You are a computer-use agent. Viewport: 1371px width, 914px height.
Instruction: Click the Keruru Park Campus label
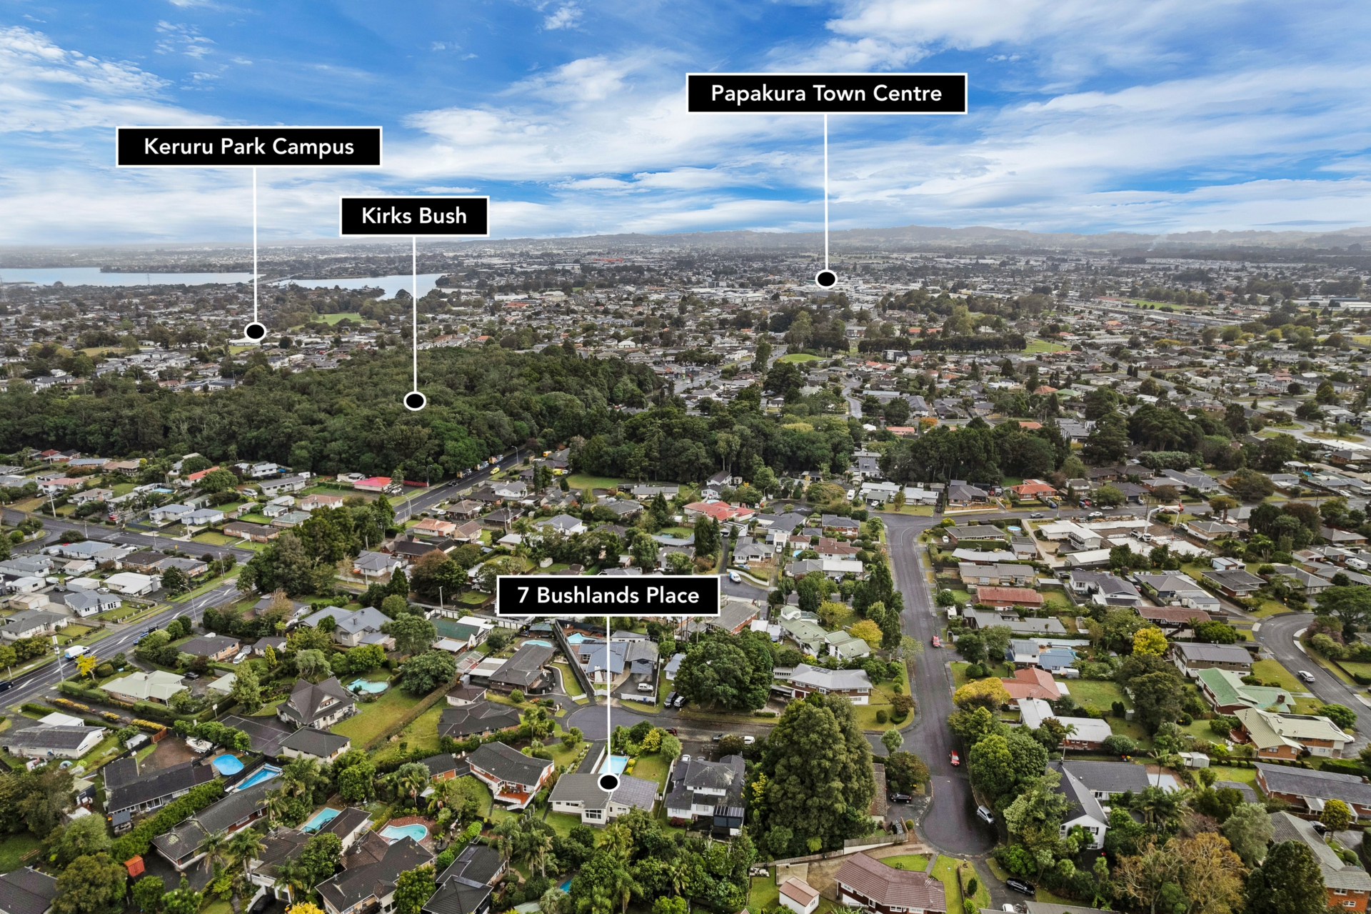click(x=248, y=146)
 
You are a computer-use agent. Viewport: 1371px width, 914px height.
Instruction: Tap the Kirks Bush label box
click(x=414, y=216)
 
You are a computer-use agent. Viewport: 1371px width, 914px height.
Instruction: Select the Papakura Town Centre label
click(x=826, y=93)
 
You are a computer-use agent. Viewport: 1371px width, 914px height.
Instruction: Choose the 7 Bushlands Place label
click(x=608, y=595)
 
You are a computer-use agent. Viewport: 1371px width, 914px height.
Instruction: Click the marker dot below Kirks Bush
click(x=414, y=401)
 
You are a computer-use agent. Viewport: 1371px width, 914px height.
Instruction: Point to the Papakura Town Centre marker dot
click(x=826, y=279)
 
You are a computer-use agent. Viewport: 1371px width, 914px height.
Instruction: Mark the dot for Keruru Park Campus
click(x=255, y=332)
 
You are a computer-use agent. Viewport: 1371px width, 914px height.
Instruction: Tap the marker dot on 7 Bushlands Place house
click(x=608, y=783)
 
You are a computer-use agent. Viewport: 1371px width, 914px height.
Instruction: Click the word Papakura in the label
click(x=758, y=94)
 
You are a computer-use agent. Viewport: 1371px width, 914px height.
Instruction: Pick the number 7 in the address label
click(x=523, y=595)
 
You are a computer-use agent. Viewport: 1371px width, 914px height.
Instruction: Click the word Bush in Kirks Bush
click(x=443, y=216)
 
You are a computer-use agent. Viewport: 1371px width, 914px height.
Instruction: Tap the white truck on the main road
click(x=76, y=652)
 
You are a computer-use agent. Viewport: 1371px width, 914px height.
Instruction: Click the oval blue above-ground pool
click(x=228, y=765)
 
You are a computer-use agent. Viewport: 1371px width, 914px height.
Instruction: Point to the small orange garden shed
click(x=134, y=865)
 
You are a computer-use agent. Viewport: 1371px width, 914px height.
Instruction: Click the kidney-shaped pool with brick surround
click(x=404, y=833)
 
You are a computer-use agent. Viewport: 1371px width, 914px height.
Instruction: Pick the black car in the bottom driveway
click(x=1020, y=887)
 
